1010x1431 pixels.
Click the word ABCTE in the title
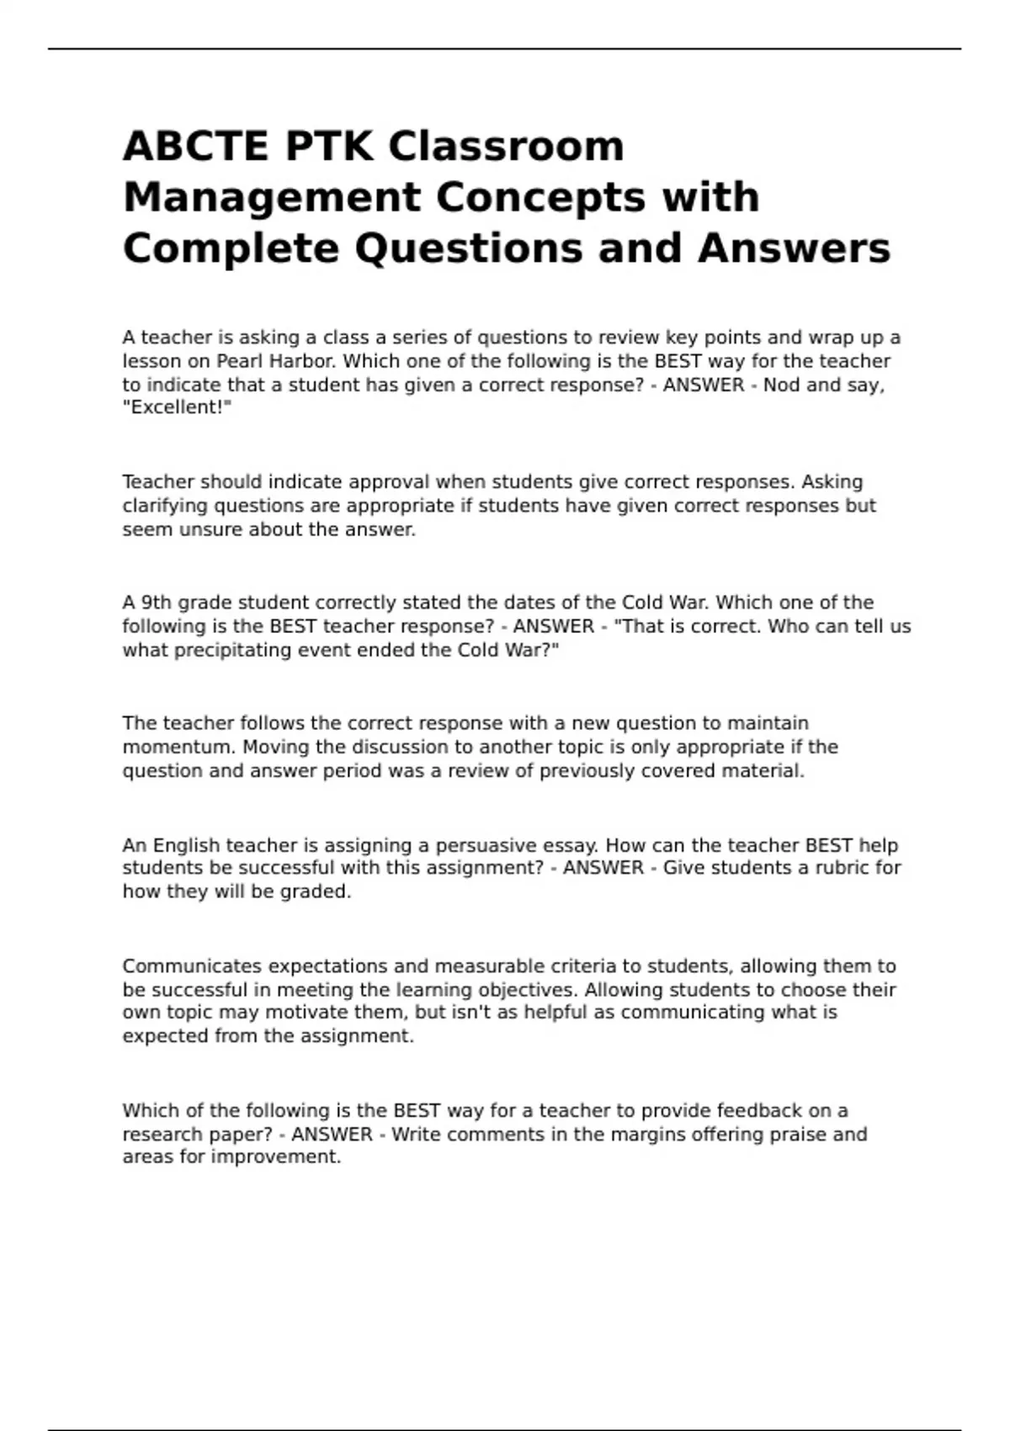(196, 146)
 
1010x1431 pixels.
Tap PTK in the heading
(329, 146)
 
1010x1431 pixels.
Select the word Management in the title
(272, 198)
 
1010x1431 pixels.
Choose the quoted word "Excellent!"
(177, 407)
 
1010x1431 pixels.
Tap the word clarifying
(165, 506)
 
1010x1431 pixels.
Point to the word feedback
(762, 1110)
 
